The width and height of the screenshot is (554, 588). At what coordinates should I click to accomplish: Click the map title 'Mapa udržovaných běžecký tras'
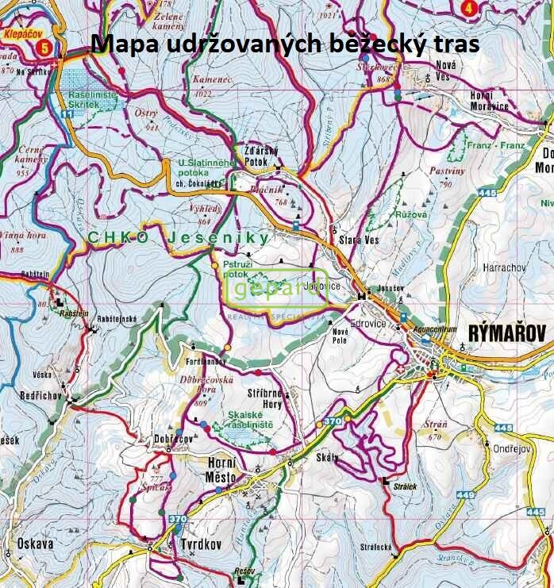coord(286,44)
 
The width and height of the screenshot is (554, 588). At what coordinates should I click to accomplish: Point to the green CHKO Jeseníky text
coord(178,237)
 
